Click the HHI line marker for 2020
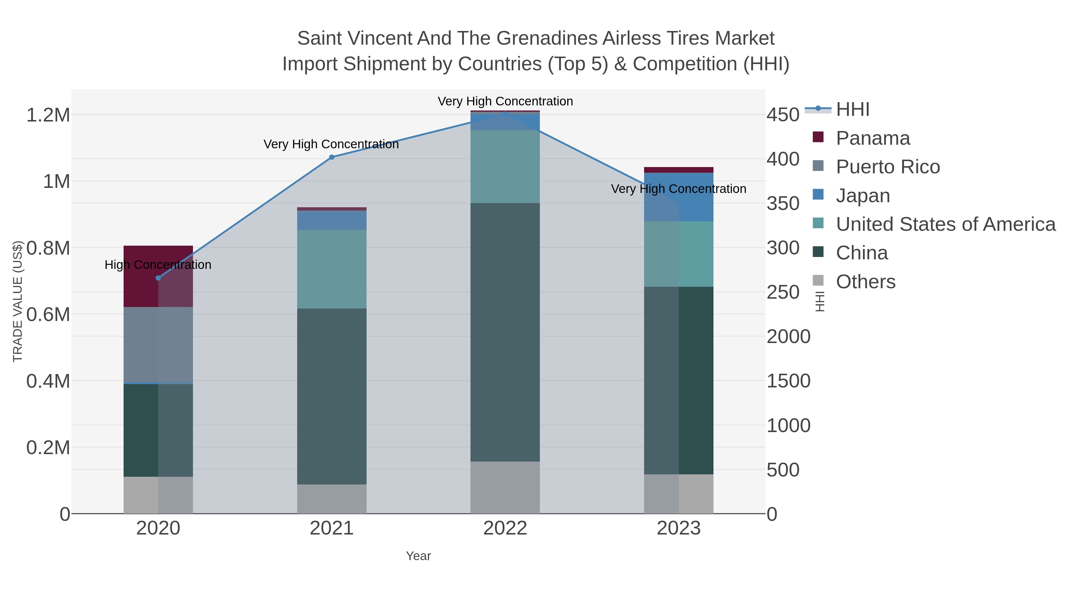coord(158,278)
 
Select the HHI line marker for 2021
coord(332,157)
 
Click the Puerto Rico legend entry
coord(888,167)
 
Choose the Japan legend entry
coord(863,196)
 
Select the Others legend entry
coord(865,282)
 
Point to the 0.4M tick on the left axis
coord(48,381)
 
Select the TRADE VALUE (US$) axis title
coord(18,301)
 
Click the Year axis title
coord(418,556)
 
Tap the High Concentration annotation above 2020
coord(158,265)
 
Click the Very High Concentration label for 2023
coord(678,189)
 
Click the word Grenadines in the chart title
coord(546,38)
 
